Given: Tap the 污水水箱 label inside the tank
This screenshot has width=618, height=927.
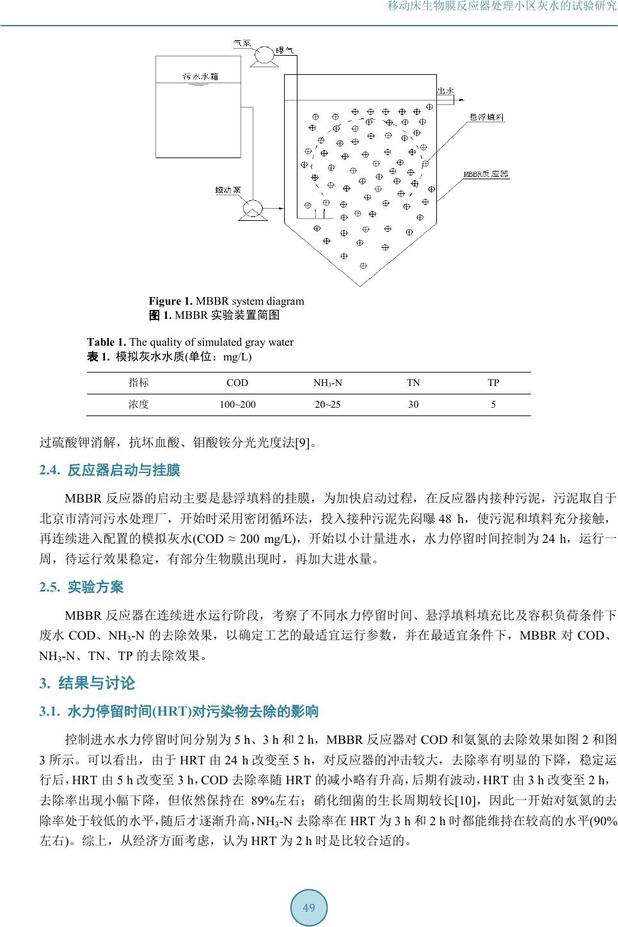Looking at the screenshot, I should [200, 76].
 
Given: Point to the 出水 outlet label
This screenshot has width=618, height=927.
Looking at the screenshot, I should [445, 92].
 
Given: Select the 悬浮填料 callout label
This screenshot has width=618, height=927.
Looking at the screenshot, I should [487, 118].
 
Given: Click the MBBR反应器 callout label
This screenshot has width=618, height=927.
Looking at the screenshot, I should [486, 173].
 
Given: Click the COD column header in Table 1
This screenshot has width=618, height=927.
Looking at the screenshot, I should [237, 383].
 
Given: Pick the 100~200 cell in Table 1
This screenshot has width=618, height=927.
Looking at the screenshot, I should [237, 405].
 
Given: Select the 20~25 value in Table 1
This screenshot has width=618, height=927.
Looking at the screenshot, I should [327, 405].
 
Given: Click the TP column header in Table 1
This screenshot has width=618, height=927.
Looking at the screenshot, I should [493, 383].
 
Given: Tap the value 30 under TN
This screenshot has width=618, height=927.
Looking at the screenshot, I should [414, 405].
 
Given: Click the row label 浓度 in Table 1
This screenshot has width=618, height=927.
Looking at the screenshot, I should [138, 405].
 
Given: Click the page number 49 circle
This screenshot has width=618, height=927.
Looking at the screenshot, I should [309, 908].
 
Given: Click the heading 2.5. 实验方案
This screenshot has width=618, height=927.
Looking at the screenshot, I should [82, 587].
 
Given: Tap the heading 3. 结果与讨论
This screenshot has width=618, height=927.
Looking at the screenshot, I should [87, 683].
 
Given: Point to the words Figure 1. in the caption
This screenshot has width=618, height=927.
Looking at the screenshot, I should [171, 301].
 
